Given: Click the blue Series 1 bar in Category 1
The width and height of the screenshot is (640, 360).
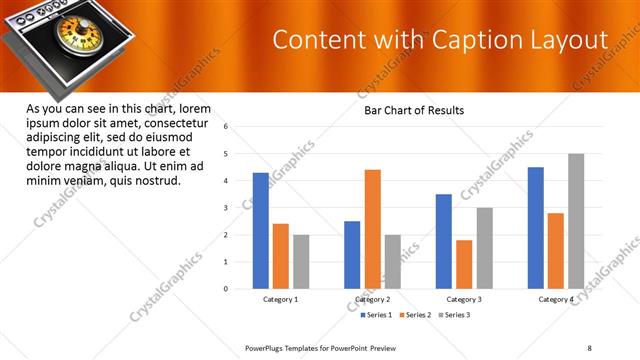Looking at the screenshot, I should [260, 230].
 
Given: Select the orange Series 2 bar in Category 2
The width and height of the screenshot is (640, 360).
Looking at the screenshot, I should [372, 229].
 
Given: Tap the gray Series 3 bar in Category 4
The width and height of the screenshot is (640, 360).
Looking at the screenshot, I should [576, 221].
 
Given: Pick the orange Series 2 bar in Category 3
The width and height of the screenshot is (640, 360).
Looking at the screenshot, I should [464, 264].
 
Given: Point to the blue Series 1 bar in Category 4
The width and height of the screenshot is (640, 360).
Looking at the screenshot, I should [536, 228].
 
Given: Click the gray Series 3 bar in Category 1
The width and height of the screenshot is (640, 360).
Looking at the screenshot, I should [301, 262].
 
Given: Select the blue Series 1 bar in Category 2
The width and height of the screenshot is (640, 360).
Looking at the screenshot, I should [352, 255].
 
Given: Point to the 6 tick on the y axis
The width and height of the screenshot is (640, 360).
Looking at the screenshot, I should [227, 127].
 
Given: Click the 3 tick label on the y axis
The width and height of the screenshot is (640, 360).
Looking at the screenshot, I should [227, 208].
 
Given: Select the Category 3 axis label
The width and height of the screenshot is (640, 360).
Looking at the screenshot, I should [464, 299].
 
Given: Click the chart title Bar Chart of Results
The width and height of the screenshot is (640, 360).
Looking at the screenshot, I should [414, 110].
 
